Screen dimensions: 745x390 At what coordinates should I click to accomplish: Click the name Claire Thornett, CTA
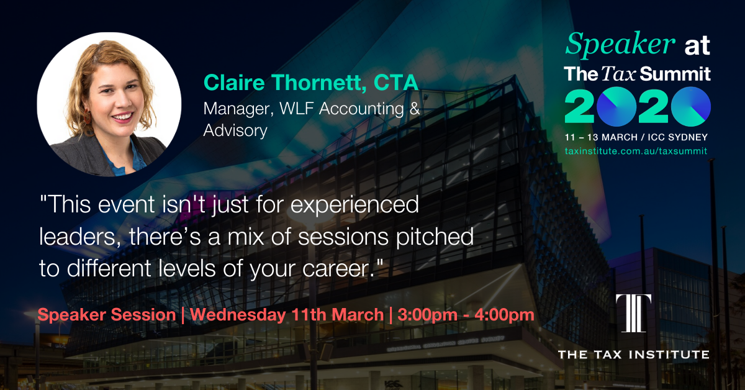311,83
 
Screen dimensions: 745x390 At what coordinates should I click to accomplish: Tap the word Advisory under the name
235,130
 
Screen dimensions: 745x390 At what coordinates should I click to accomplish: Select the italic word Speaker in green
620,44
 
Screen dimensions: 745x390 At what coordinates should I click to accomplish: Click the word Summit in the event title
675,74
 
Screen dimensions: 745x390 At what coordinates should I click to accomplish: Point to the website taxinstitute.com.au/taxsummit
636,151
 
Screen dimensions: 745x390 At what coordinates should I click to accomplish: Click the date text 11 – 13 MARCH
601,137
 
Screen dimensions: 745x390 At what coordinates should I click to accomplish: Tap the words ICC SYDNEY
677,137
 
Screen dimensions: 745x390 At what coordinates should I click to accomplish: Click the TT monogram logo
634,314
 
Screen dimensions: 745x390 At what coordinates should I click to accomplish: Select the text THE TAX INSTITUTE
634,355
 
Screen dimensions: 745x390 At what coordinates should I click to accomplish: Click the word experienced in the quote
354,205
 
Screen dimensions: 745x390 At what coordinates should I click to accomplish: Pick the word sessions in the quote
343,237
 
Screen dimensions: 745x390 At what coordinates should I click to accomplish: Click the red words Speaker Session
107,315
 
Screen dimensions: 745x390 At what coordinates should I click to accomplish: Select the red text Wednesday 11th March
287,315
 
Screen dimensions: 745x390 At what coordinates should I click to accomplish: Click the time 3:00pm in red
427,315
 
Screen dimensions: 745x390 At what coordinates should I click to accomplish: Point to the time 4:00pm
505,315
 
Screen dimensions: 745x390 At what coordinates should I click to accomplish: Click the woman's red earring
87,116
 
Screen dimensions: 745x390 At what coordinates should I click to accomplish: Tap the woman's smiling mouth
122,117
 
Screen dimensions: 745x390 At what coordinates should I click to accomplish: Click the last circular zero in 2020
691,106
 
